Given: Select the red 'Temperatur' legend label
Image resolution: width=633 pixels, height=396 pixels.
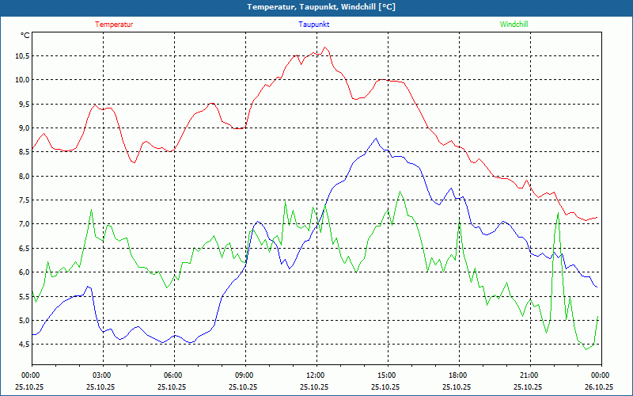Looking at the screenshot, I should [114, 25].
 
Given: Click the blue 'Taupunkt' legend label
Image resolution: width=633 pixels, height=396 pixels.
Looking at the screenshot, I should [314, 25].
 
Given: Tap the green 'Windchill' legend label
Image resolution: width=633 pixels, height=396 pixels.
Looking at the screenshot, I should [514, 25].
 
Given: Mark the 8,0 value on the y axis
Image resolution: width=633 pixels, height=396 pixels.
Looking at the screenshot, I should [21, 176].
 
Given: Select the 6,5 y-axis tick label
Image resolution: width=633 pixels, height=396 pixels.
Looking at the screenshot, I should [21, 248].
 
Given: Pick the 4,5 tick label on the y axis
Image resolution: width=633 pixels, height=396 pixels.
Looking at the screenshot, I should [21, 344].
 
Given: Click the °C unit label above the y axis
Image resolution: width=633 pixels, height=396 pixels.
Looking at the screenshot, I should [25, 36].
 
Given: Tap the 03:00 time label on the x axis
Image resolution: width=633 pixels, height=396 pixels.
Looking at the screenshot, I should [102, 375].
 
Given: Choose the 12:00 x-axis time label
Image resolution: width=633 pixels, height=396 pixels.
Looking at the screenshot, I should [315, 375].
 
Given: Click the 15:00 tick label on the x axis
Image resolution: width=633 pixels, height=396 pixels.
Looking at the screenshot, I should [386, 375].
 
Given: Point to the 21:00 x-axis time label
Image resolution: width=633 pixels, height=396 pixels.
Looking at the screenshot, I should [529, 375].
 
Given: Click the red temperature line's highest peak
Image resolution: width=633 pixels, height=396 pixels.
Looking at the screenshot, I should [325, 48].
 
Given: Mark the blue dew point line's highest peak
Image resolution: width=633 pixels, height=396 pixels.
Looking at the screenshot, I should [377, 139].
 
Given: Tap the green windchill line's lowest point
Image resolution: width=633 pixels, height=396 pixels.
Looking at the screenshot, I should [586, 348].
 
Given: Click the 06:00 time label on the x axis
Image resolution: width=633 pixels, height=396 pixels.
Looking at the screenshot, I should [173, 375].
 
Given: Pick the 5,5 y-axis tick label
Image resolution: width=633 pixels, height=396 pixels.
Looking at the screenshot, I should [21, 296].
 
